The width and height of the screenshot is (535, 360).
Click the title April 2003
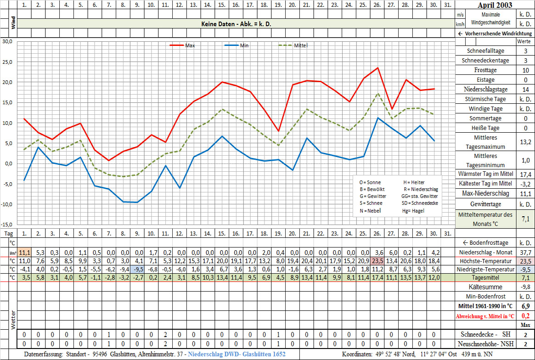pyautogui.click(x=495, y=6)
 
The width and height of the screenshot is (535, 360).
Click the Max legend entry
pyautogui.click(x=190, y=45)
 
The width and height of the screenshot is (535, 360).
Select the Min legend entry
pyautogui.click(x=244, y=45)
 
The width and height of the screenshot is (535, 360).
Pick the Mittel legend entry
pyautogui.click(x=300, y=45)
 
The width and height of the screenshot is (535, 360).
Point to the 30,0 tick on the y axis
pyautogui.click(x=7, y=41)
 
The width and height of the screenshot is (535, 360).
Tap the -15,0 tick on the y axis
pyautogui.click(x=6, y=225)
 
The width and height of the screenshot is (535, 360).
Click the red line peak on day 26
pyautogui.click(x=377, y=68)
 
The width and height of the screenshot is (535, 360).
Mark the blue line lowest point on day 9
pyautogui.click(x=137, y=202)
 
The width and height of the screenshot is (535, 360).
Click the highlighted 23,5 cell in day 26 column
pyautogui.click(x=377, y=261)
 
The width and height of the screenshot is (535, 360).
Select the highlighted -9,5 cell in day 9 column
pyautogui.click(x=137, y=270)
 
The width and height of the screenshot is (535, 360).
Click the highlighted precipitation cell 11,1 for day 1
pyautogui.click(x=24, y=252)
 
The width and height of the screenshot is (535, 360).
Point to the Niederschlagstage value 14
pyautogui.click(x=525, y=90)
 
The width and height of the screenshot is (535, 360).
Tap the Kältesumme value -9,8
pyautogui.click(x=525, y=287)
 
